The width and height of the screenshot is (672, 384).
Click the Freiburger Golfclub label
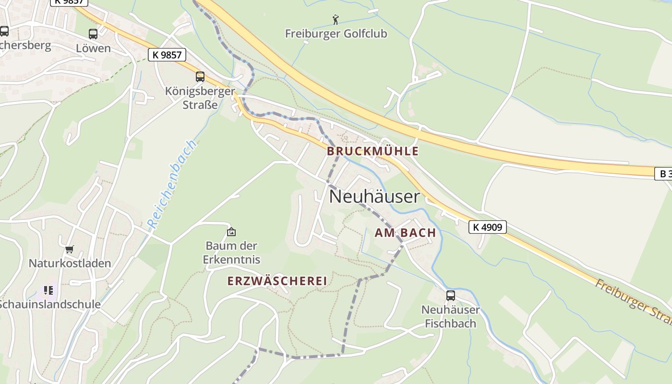[x=336, y=34]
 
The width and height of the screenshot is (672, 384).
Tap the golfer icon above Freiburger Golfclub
[x=336, y=20]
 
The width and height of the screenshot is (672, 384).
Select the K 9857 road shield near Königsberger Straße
[x=167, y=55]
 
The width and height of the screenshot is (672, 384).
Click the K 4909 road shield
[x=487, y=227]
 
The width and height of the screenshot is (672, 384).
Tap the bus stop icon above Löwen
[x=93, y=34]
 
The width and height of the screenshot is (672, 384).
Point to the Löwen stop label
[x=93, y=48]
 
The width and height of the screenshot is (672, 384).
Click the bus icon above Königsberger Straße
[x=200, y=77]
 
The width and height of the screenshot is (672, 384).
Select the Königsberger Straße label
[x=200, y=97]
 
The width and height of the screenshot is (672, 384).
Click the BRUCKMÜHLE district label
[x=372, y=151]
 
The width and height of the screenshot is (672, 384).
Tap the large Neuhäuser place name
[x=374, y=196]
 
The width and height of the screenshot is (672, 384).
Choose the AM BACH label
[x=405, y=233]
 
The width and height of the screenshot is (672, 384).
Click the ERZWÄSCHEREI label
[x=277, y=281]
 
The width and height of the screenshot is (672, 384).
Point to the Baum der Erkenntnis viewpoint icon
[x=231, y=232]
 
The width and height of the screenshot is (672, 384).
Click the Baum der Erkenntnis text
[x=231, y=252]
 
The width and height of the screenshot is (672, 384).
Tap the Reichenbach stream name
[x=172, y=184]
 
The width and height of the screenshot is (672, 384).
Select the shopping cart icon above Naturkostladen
[x=70, y=250]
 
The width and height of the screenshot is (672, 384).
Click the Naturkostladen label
[x=70, y=263]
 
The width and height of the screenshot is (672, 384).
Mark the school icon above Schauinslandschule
[x=48, y=290]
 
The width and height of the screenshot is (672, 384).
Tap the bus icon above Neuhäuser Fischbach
[x=450, y=296]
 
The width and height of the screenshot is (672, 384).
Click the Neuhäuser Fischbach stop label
[x=450, y=316]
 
